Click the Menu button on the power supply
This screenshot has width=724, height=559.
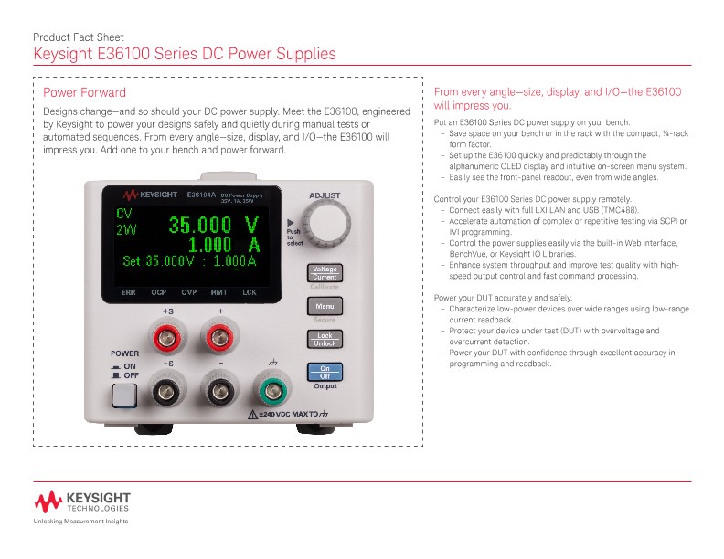(325, 306)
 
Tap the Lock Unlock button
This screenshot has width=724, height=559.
(325, 339)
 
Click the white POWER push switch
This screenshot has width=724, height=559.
(123, 395)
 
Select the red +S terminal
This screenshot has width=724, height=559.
(167, 340)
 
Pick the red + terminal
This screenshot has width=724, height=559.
(220, 340)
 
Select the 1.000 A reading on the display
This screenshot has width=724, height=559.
(222, 244)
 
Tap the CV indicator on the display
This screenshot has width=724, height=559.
(124, 213)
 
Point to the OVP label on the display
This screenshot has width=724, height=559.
(188, 293)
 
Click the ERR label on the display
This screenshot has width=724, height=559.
(129, 293)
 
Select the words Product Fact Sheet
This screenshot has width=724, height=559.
(78, 37)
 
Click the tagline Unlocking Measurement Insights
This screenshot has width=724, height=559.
(80, 522)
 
